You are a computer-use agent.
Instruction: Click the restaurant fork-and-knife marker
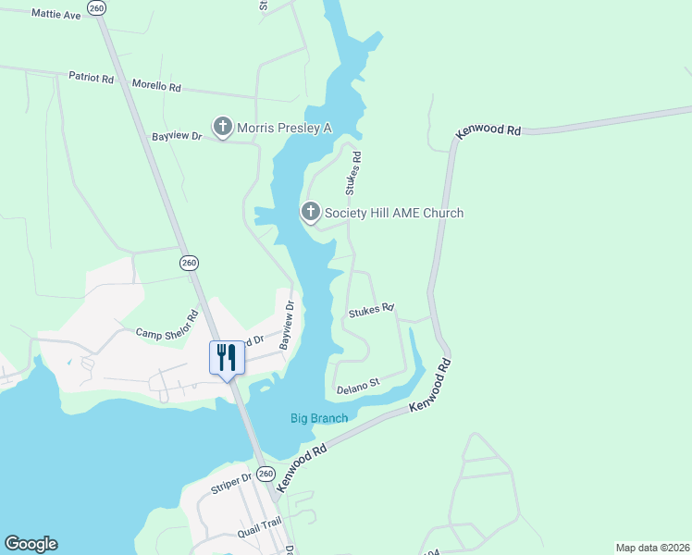(x=227, y=357)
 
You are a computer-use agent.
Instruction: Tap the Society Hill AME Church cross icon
(x=311, y=213)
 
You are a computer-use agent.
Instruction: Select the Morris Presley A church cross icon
(x=222, y=127)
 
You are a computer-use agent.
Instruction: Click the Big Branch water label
(x=319, y=418)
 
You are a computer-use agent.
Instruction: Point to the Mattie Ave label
(x=56, y=14)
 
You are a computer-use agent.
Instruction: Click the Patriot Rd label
(x=91, y=79)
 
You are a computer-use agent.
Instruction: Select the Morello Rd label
(x=156, y=87)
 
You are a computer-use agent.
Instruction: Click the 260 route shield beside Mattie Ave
(x=96, y=7)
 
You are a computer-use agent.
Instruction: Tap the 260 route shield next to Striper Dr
(x=266, y=474)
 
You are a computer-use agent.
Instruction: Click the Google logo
(x=31, y=544)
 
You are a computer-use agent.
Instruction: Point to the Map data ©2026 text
(x=652, y=547)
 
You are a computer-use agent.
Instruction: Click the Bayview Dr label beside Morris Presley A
(x=177, y=137)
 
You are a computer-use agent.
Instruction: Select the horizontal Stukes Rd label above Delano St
(x=371, y=311)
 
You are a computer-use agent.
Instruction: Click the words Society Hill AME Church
(x=393, y=214)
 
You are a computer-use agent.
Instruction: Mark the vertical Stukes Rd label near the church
(x=352, y=174)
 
